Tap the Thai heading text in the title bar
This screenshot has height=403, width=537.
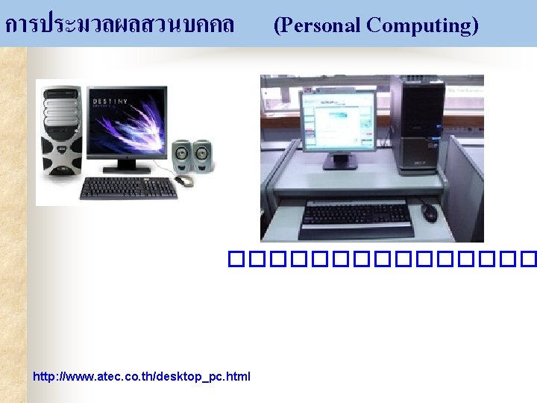[119, 25]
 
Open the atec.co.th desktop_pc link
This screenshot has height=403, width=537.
[142, 376]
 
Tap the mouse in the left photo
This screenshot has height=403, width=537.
[183, 181]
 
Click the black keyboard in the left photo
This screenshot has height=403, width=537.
[128, 187]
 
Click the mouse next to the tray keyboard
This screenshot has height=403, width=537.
[430, 213]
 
